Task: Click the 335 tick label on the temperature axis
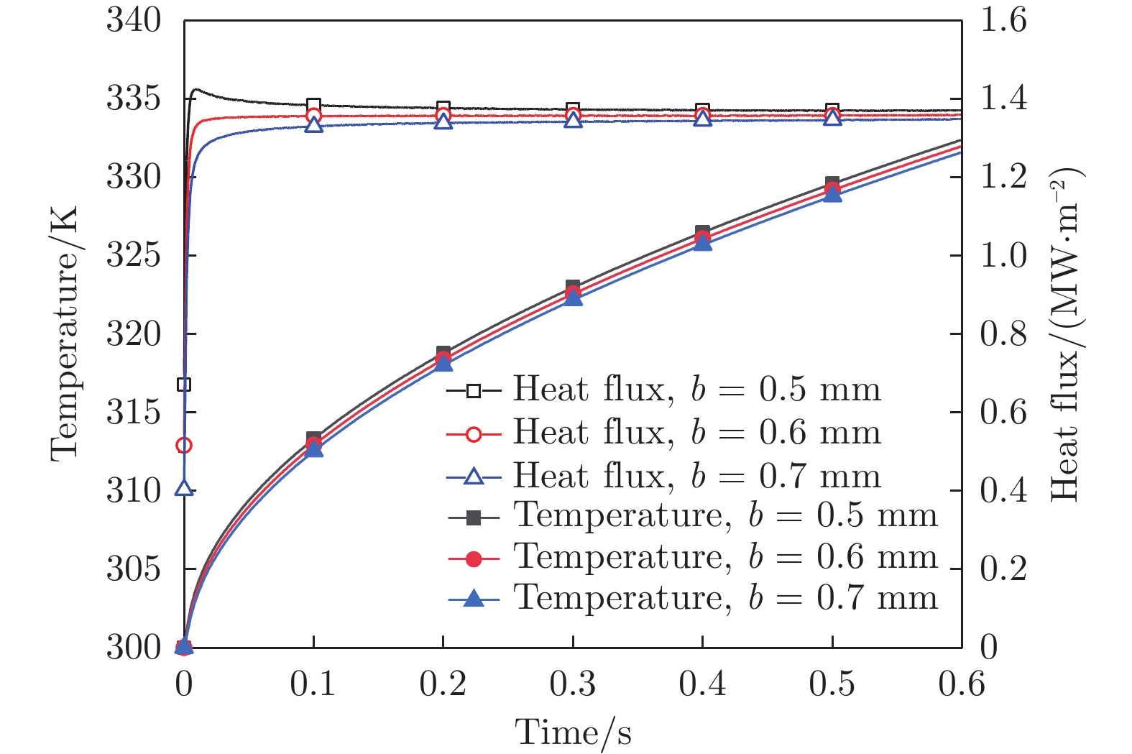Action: point(134,98)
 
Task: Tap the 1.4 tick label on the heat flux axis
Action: point(1003,98)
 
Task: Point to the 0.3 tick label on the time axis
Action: point(573,684)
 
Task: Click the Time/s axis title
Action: point(573,732)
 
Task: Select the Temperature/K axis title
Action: point(65,334)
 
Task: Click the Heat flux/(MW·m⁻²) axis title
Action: point(1066,334)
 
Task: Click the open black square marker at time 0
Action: point(184,385)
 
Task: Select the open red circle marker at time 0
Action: point(184,446)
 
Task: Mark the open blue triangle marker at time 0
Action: point(184,488)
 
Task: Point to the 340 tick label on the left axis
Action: point(134,20)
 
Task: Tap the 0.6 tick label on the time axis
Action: point(961,684)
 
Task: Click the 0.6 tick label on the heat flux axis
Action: point(1003,413)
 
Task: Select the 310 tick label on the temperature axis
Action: point(134,491)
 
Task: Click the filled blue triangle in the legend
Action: point(473,597)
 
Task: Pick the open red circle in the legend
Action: point(473,433)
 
